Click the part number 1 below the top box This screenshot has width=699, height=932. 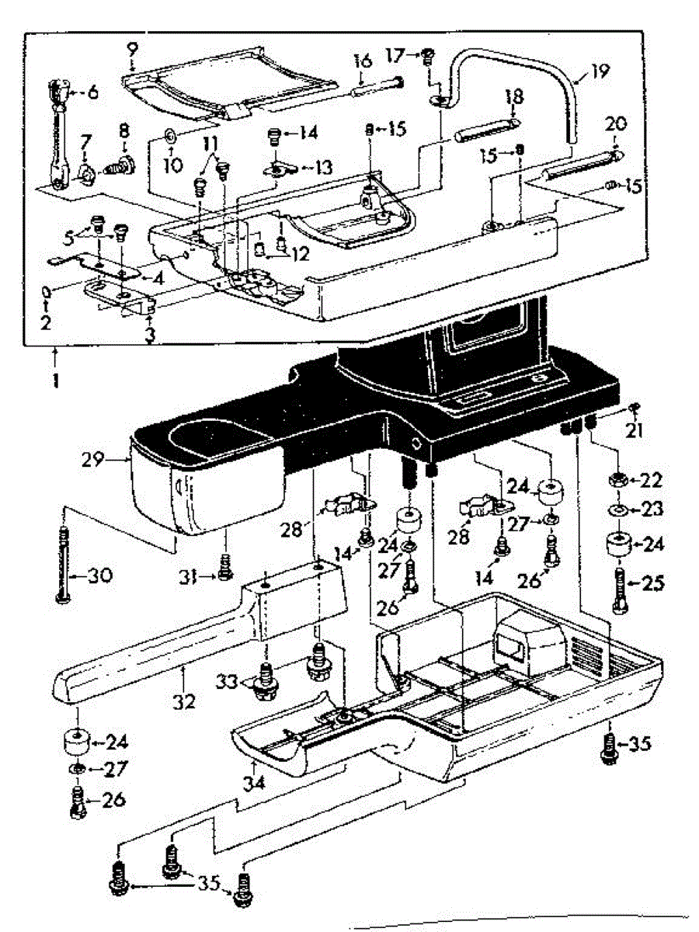point(55,383)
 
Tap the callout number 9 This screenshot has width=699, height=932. point(132,49)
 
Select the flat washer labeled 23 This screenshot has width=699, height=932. point(618,510)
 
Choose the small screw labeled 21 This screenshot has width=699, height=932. point(635,408)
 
